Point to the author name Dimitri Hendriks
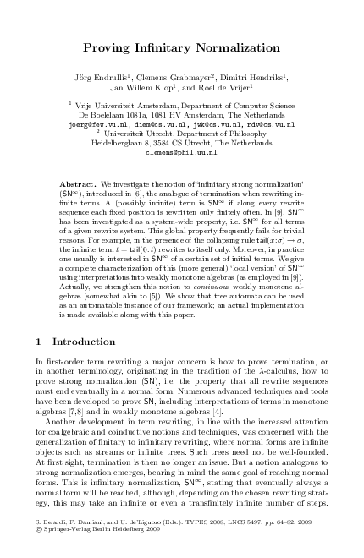pyautogui.click(x=249, y=74)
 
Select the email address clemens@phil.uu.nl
pyautogui.click(x=181, y=152)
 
